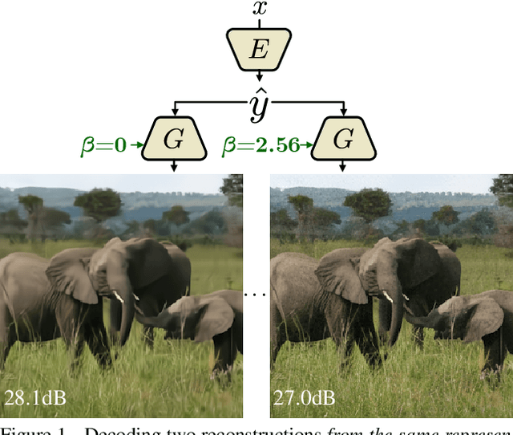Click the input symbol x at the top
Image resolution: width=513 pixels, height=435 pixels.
point(259,9)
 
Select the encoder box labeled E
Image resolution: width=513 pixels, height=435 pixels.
point(258,51)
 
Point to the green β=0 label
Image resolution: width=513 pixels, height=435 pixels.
point(103,144)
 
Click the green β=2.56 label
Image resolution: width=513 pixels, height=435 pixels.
point(261,144)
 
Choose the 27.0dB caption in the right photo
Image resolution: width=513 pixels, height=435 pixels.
point(304,397)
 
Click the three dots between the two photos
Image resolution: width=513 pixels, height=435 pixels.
point(256,295)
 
